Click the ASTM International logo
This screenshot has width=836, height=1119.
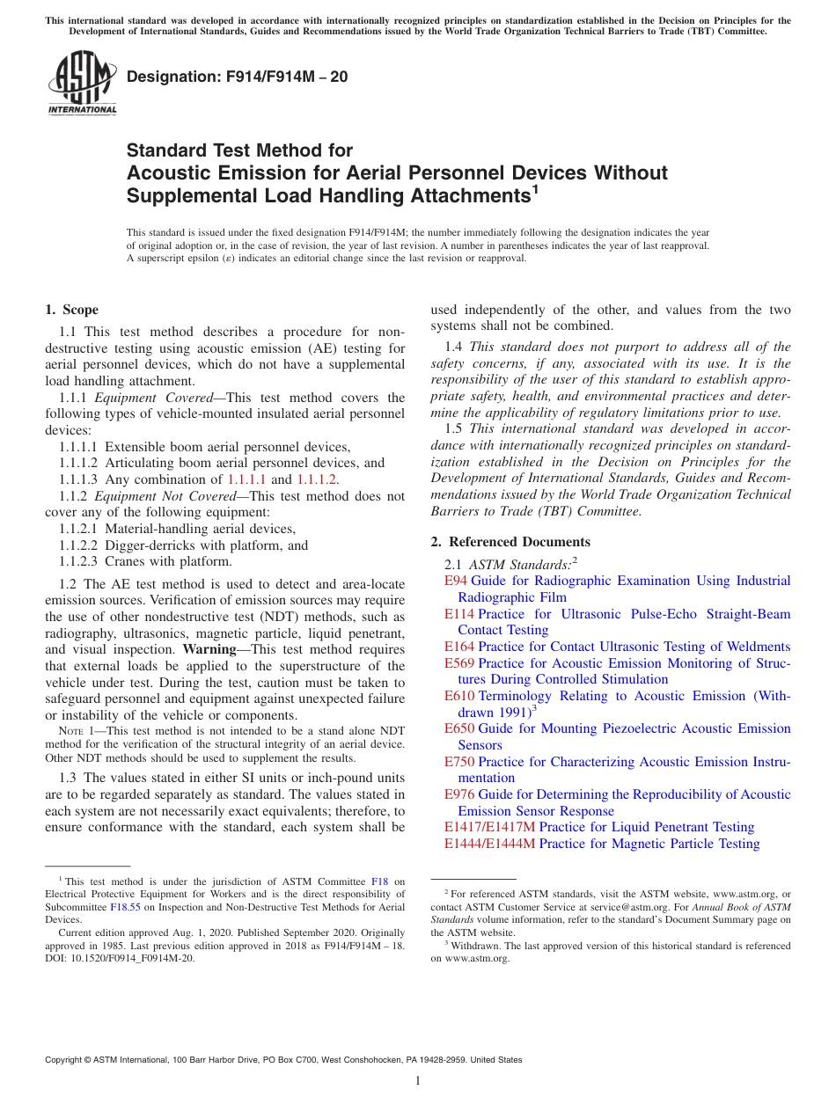[x=82, y=84]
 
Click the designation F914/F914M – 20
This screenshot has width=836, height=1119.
[x=237, y=77]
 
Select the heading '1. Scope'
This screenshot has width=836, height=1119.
[x=71, y=310]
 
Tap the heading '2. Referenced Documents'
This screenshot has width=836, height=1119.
[x=510, y=542]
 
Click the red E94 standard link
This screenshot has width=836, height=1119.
[x=455, y=581]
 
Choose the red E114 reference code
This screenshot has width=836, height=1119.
[x=458, y=614]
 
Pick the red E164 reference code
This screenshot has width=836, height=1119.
[x=458, y=647]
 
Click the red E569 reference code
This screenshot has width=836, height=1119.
[x=458, y=663]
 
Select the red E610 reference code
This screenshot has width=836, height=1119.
[x=458, y=696]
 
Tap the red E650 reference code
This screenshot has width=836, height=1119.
[x=458, y=728]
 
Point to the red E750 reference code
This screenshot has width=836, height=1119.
[x=458, y=762]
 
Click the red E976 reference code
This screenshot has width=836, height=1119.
[x=458, y=794]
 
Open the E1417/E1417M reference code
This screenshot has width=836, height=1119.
[x=489, y=827]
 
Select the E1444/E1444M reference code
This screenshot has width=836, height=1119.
[x=489, y=844]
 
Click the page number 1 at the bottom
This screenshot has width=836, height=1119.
[x=418, y=1081]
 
